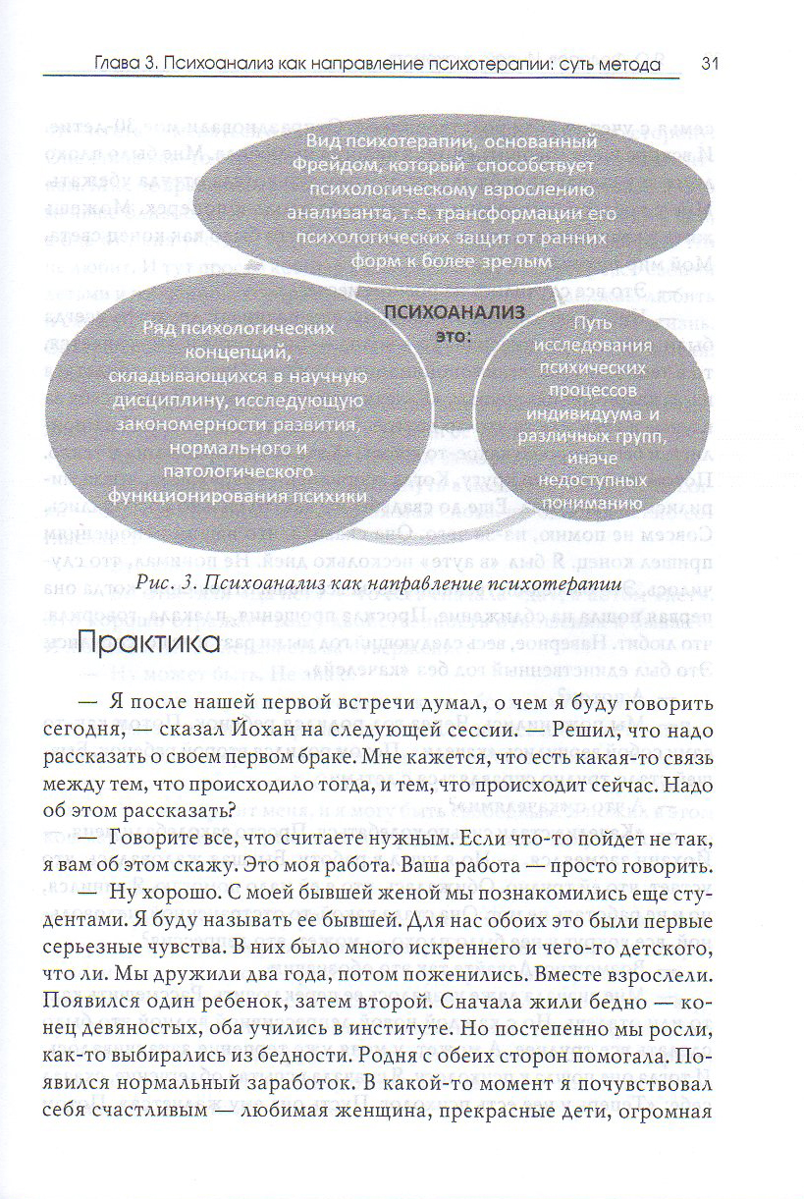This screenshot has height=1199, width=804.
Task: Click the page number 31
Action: point(712,65)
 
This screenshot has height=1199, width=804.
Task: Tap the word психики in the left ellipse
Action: point(334,496)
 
